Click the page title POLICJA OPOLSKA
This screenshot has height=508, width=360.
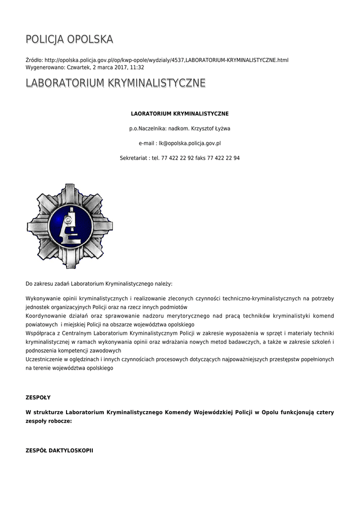coord(70,39)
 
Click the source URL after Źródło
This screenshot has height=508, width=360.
coord(166,60)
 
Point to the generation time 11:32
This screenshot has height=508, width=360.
coord(137,67)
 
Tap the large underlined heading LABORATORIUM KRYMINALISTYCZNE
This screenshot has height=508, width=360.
coord(115,83)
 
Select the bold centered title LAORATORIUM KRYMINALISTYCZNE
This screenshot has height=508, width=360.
coord(179,114)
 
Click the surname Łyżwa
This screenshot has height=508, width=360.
coord(221,128)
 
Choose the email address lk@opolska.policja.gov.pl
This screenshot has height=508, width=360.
coord(190,143)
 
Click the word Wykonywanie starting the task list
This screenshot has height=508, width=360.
coord(43,299)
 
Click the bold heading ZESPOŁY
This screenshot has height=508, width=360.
coord(38,397)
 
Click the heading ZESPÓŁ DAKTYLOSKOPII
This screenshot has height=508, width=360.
coord(59,450)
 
